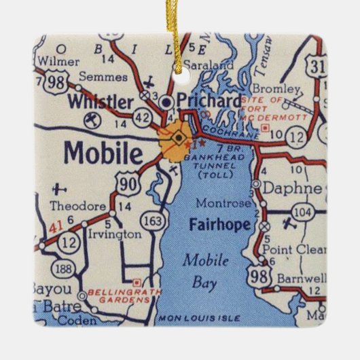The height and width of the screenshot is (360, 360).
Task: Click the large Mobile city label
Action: tap(104, 151)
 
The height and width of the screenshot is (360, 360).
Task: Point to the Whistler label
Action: tap(102, 102)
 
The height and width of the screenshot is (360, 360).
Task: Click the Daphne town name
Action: tap(290, 186)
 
